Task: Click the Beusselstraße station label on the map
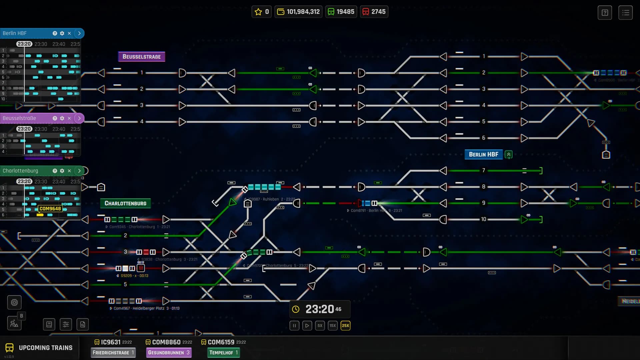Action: click(x=142, y=57)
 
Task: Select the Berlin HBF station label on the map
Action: click(x=483, y=154)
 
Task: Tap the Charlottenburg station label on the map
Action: click(x=125, y=203)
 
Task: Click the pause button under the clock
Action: click(x=294, y=326)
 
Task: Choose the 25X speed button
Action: click(x=345, y=326)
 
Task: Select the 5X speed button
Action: click(x=320, y=326)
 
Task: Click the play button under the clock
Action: click(x=307, y=326)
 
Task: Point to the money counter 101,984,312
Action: click(x=298, y=12)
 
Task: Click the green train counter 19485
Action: click(x=341, y=12)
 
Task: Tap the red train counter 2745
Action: click(x=374, y=12)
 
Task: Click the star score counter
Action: click(x=262, y=12)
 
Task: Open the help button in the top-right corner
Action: click(x=605, y=13)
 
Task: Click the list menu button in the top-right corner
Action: click(x=626, y=13)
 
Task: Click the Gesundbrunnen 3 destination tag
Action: click(x=169, y=353)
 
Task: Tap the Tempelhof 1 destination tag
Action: click(x=223, y=353)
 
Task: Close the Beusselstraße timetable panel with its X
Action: click(x=69, y=118)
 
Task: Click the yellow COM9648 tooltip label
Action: click(x=50, y=209)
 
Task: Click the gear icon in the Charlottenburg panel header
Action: click(x=62, y=171)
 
